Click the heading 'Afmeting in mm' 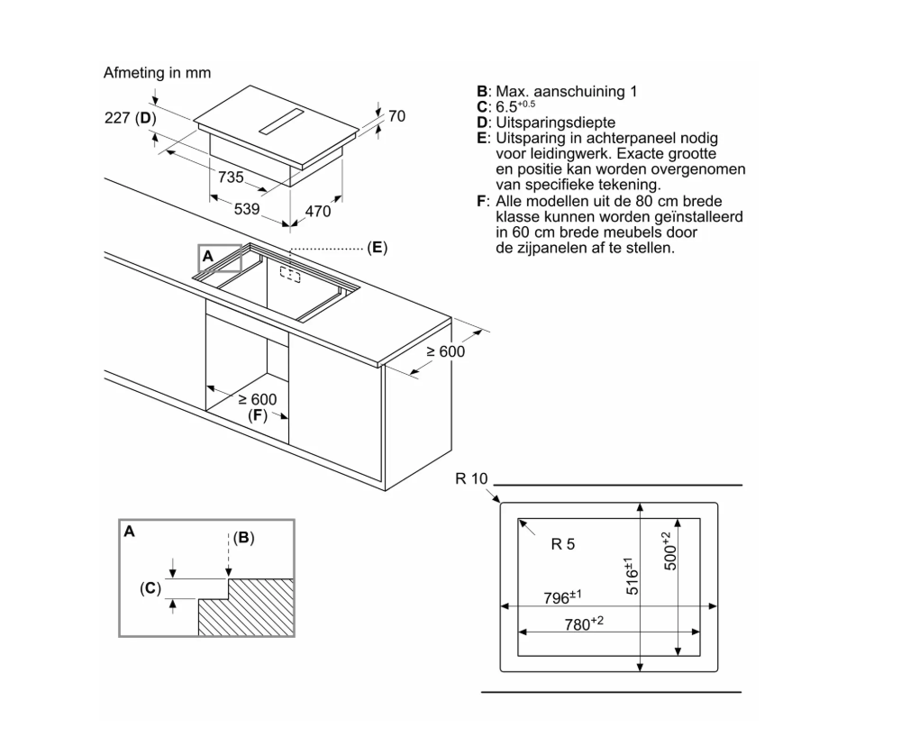(158, 73)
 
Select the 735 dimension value (232, 177)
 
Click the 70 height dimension (396, 116)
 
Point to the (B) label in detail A (243, 538)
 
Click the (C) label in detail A (150, 588)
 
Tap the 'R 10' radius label (471, 478)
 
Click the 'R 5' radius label (562, 543)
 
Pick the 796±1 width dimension (562, 596)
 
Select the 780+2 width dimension (583, 623)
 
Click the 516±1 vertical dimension (632, 577)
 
